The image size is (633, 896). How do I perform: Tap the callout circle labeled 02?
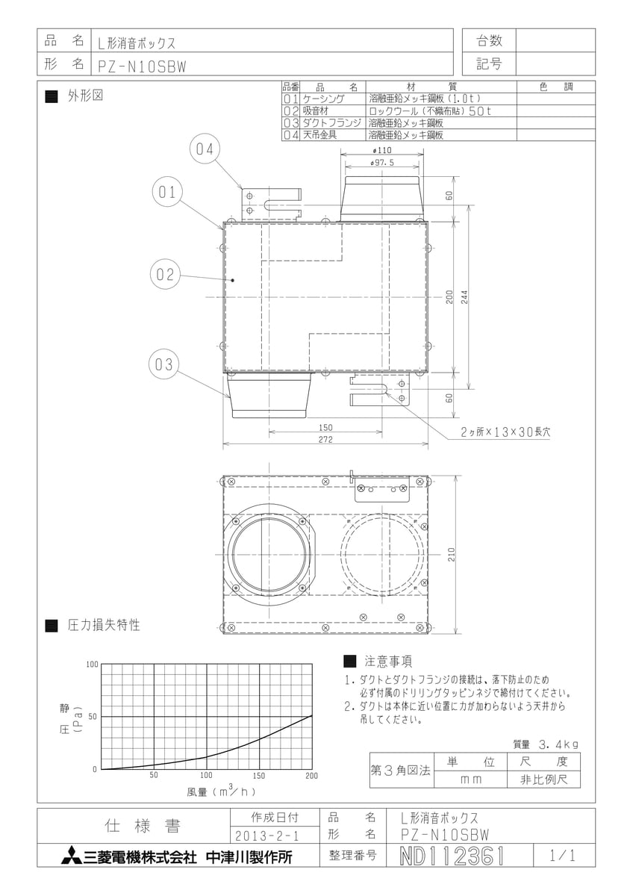165,275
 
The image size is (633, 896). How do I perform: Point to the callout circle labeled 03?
164,364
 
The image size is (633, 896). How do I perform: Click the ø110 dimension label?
382,150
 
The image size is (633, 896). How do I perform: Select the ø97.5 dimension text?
382,163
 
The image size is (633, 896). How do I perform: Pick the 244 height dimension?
464,297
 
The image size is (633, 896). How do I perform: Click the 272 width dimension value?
325,440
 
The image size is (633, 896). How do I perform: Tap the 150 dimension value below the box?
325,428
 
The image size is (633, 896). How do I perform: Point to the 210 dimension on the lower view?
452,554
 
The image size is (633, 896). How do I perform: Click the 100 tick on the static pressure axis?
92,665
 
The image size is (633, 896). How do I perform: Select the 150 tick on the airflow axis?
259,776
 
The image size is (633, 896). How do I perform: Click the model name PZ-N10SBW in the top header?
143,66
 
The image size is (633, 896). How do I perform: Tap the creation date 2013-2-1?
267,836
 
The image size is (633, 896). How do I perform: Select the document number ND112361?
452,856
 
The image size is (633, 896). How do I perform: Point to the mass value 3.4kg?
558,744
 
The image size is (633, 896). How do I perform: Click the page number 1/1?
563,856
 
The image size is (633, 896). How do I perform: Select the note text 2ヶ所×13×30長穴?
505,432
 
